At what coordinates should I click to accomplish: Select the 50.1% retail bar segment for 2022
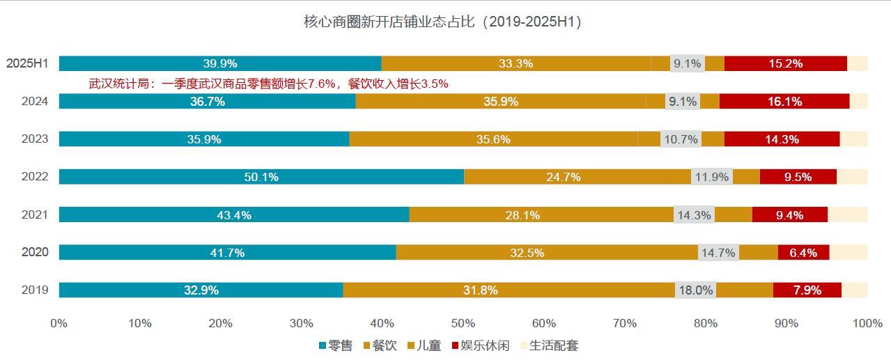tap(261, 177)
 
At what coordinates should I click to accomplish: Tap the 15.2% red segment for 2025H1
tap(785, 63)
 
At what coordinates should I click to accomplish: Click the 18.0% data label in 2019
tap(695, 290)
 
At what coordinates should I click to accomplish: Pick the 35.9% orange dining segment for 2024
tap(500, 102)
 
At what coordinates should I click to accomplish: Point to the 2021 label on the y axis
tap(35, 214)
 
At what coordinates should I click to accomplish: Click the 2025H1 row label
tap(27, 63)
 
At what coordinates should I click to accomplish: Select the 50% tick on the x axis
tap(463, 323)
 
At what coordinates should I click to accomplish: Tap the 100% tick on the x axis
tap(867, 323)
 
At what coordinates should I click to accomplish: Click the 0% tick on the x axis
tap(59, 323)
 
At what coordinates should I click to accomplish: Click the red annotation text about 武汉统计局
tap(268, 84)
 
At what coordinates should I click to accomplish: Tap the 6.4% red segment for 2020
tap(803, 253)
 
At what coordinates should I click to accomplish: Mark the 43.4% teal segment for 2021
tap(233, 215)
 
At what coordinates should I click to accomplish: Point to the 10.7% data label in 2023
tap(681, 139)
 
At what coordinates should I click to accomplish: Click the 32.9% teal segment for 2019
tap(201, 290)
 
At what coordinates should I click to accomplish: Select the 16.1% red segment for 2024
tap(784, 102)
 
